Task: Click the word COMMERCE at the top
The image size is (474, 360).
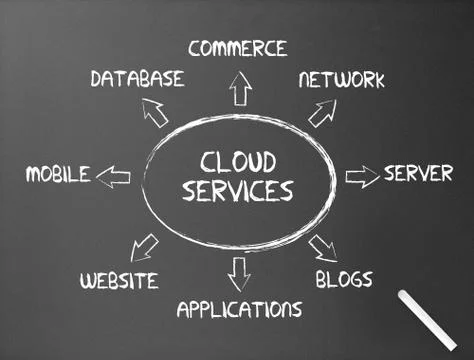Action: (237, 48)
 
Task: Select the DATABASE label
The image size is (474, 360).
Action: (137, 78)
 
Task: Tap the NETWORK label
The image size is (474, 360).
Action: (341, 80)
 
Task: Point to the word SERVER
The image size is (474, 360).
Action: (418, 174)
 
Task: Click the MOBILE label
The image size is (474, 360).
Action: (58, 175)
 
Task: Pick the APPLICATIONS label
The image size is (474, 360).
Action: (239, 308)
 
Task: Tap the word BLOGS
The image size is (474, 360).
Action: (344, 278)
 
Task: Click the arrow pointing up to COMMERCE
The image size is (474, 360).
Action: (239, 90)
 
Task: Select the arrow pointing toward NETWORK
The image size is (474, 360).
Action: (322, 113)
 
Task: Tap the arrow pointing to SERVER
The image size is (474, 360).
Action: (362, 176)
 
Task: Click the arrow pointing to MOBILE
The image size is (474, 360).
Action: (114, 177)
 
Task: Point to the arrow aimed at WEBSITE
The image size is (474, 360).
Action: (145, 246)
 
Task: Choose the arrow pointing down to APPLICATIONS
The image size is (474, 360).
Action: (239, 271)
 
